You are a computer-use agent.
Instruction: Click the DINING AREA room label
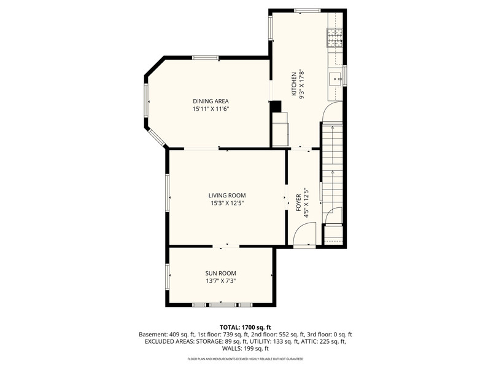(211, 101)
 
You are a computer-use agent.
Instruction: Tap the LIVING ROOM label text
(227, 196)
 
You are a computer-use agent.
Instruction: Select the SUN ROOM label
(220, 273)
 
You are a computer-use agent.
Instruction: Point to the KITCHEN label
(294, 84)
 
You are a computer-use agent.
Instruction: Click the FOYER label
(298, 202)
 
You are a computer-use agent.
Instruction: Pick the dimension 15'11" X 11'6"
(211, 109)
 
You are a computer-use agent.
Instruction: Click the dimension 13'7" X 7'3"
(220, 281)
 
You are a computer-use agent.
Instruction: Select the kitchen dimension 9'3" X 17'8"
(302, 84)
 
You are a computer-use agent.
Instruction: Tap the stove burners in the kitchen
(334, 38)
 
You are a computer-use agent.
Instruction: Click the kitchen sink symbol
(335, 79)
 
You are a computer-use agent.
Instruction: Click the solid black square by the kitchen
(276, 106)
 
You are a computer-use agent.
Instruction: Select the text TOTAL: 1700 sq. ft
(245, 327)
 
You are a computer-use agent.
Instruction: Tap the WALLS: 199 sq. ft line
(245, 348)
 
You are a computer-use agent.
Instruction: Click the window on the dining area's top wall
(205, 57)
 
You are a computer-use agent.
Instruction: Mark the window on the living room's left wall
(168, 192)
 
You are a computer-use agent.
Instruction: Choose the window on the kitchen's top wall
(307, 10)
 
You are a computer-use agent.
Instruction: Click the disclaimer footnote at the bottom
(245, 359)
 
